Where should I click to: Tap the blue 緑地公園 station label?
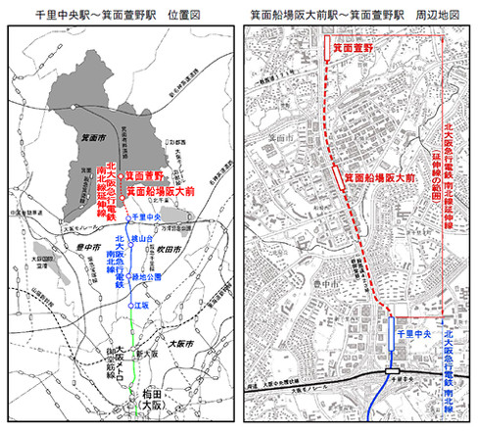[x=147, y=277]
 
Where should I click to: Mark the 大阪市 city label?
[x=182, y=344]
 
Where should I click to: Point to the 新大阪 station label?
[x=147, y=349]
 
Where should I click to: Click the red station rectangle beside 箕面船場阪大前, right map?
[x=338, y=174]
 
